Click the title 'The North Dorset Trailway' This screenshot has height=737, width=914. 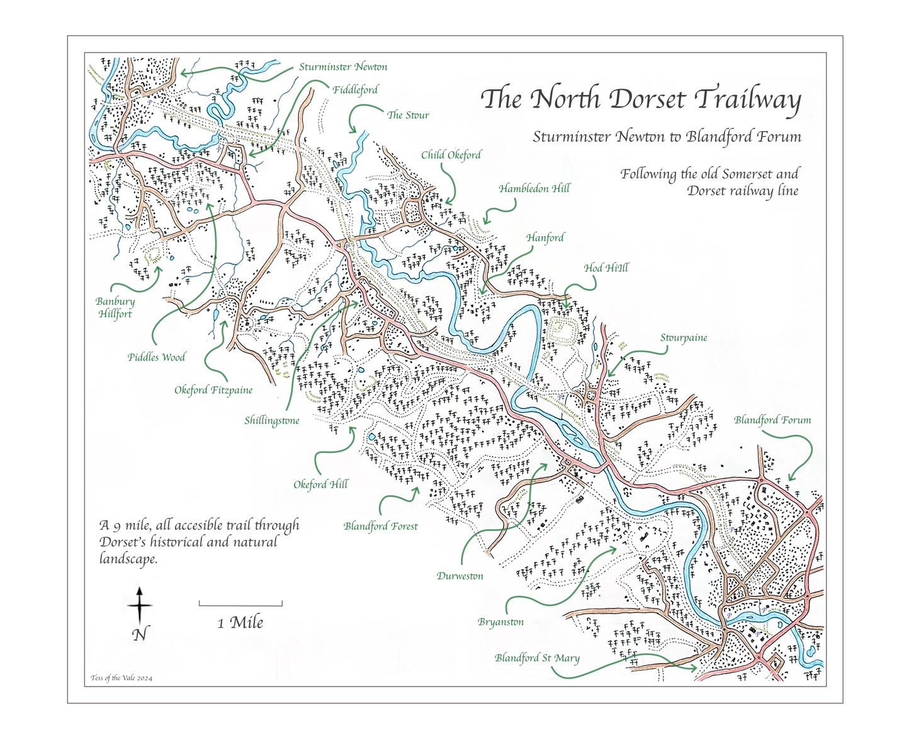(641, 100)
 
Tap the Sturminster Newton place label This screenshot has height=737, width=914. (343, 67)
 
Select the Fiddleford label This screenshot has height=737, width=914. (356, 90)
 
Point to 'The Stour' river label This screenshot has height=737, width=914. (408, 115)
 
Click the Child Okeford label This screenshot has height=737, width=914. (451, 155)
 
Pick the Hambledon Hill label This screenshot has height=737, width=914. (534, 188)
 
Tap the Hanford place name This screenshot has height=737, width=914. (545, 237)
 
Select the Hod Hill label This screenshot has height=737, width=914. (606, 268)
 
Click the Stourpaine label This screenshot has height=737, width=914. (684, 338)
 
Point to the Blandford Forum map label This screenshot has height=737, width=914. (772, 420)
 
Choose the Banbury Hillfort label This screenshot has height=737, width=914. (115, 307)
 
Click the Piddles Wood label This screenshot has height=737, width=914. (157, 357)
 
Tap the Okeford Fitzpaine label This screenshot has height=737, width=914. (213, 391)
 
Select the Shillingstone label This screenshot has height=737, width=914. (272, 421)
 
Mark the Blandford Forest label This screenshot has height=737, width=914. (381, 526)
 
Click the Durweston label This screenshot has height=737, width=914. (460, 576)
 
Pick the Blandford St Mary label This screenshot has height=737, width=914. (537, 658)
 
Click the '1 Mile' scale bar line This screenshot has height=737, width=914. (240, 603)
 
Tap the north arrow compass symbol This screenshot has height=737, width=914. (140, 606)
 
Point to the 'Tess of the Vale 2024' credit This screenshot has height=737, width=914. (121, 678)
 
